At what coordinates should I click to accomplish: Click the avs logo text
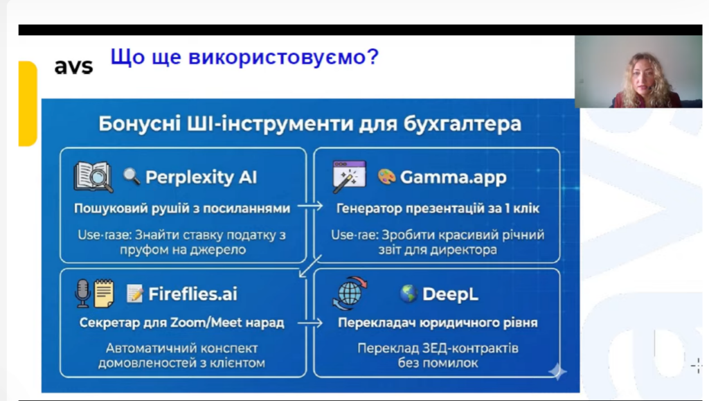point(73,66)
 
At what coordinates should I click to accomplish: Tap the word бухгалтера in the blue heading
point(462,124)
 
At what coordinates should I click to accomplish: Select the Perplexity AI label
point(201,177)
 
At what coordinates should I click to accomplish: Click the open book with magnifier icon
point(93,177)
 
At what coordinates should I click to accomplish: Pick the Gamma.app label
point(453,177)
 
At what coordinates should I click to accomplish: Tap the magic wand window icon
point(349,177)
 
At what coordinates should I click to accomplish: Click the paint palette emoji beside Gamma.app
point(386,177)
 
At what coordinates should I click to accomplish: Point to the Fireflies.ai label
point(192,294)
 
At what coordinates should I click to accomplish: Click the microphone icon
point(82,294)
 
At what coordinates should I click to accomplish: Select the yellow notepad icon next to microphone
point(104,294)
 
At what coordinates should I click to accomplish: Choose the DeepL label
point(450,294)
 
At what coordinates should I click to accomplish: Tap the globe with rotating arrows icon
point(350,294)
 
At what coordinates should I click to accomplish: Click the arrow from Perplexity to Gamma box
point(310,206)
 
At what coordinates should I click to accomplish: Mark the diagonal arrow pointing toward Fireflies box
point(310,266)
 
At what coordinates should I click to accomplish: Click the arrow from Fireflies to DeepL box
point(310,323)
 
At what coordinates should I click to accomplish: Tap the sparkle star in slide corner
point(557,372)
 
